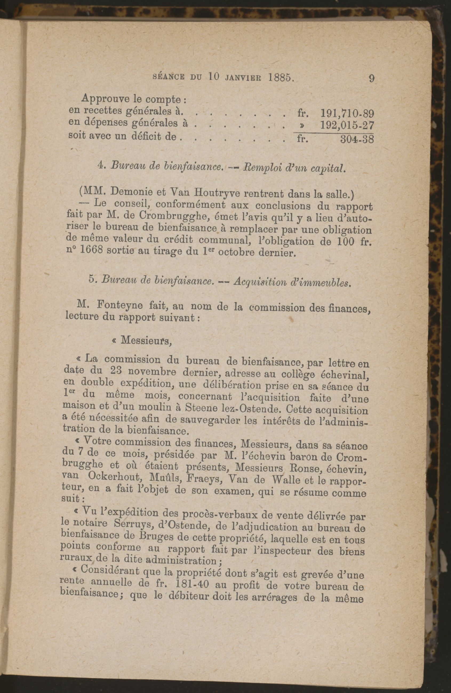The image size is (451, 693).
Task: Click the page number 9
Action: [x=372, y=79]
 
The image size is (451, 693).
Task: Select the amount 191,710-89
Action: [x=347, y=113]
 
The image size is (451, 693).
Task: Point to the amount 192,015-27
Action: [x=347, y=125]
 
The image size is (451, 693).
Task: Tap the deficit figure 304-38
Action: [x=357, y=139]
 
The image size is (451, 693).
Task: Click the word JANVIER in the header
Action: [x=243, y=78]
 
